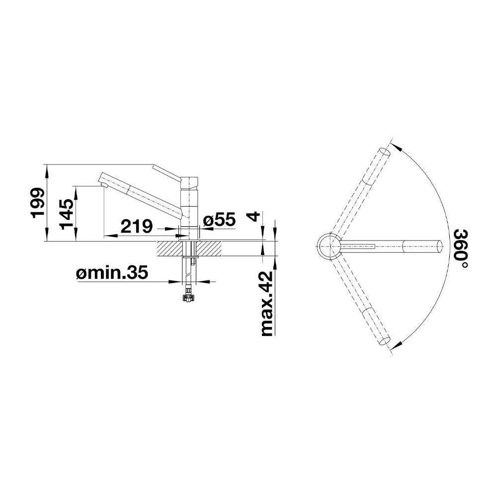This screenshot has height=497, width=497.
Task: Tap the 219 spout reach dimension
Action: (137, 226)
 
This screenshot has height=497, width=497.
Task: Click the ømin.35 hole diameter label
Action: (112, 272)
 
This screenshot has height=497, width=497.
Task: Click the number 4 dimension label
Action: (253, 217)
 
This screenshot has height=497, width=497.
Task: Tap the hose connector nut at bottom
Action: (188, 298)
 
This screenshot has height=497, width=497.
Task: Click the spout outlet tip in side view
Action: (103, 185)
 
